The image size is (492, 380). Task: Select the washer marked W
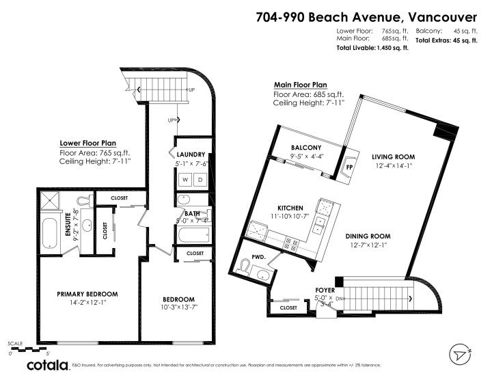tap(184, 180)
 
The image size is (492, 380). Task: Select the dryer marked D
tap(201, 180)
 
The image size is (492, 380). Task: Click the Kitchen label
tap(290, 207)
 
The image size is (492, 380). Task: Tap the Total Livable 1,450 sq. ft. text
tap(372, 49)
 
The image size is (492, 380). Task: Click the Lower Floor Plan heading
tap(86, 144)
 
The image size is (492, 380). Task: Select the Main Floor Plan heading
tap(301, 84)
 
